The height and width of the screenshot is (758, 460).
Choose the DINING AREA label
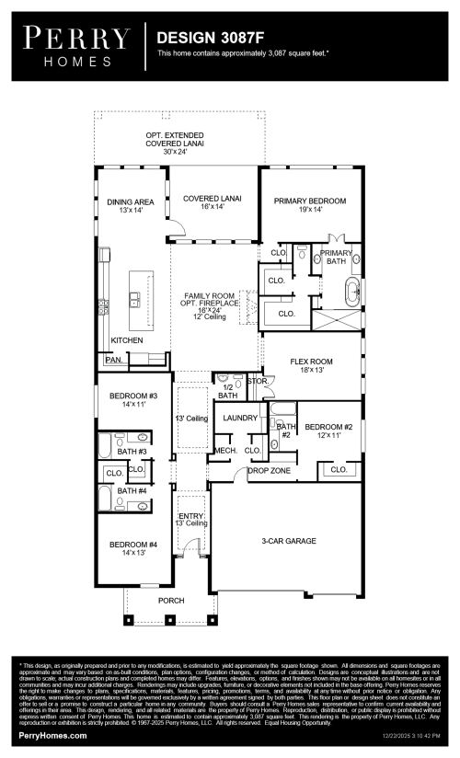tap(130, 205)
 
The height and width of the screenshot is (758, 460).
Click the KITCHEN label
tap(127, 340)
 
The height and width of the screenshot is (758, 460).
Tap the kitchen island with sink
tap(139, 300)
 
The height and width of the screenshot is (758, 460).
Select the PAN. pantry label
tap(113, 361)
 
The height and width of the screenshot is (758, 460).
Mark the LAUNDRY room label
tap(241, 419)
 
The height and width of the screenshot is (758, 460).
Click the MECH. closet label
tap(225, 450)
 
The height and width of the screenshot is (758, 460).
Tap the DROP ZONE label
tap(270, 471)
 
